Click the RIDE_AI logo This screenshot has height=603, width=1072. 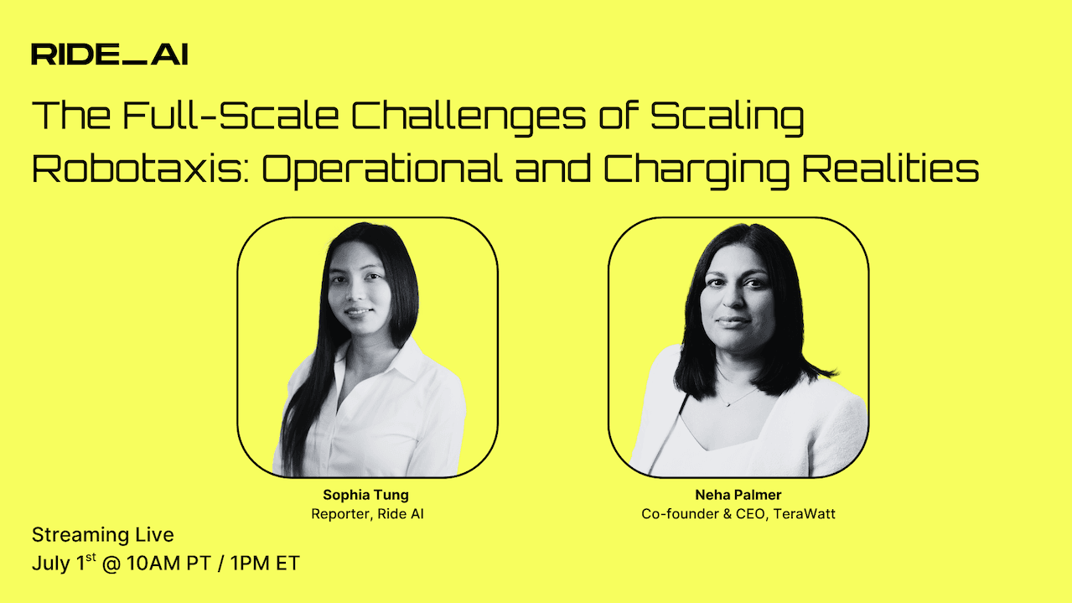pos(109,55)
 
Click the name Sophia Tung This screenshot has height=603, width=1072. pos(367,495)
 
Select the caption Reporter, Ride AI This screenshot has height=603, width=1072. pos(367,513)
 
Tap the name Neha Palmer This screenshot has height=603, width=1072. pos(738,495)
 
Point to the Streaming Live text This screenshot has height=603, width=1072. pos(103,535)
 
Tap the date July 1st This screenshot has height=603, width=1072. pos(64,564)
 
